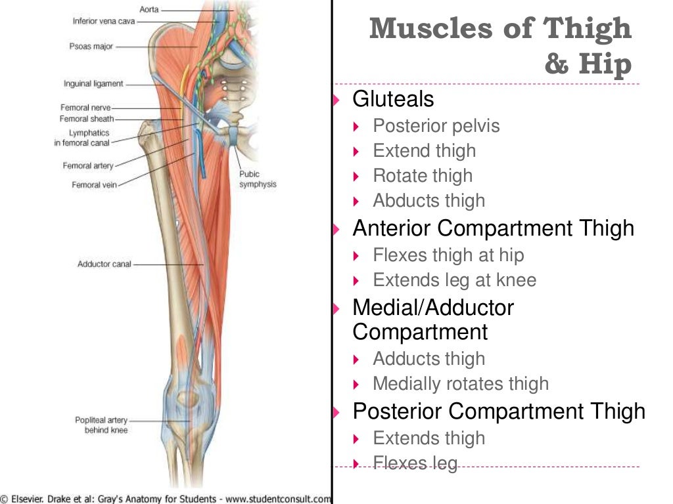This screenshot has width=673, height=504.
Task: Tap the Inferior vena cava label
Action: point(103,22)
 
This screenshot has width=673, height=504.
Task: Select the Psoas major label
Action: point(91,47)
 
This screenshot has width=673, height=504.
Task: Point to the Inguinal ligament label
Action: point(93,84)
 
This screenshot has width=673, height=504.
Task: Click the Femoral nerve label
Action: point(85,108)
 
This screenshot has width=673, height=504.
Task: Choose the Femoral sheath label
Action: point(87,119)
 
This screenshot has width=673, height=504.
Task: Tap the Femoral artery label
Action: point(88,166)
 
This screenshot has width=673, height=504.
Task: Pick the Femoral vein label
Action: point(94,185)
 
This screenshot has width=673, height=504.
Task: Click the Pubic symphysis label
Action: point(258,179)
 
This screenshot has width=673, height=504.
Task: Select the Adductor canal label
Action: point(104,264)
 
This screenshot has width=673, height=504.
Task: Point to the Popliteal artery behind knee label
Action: point(101,425)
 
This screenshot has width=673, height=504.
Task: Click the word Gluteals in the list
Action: point(393,100)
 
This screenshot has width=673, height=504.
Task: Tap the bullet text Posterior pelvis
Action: point(436,126)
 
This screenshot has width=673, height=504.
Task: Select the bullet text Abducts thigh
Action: point(429,201)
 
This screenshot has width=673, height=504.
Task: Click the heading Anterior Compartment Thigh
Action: point(493,228)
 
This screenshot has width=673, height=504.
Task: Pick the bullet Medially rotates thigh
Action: point(460,384)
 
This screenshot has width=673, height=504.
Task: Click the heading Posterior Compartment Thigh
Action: point(498,411)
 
